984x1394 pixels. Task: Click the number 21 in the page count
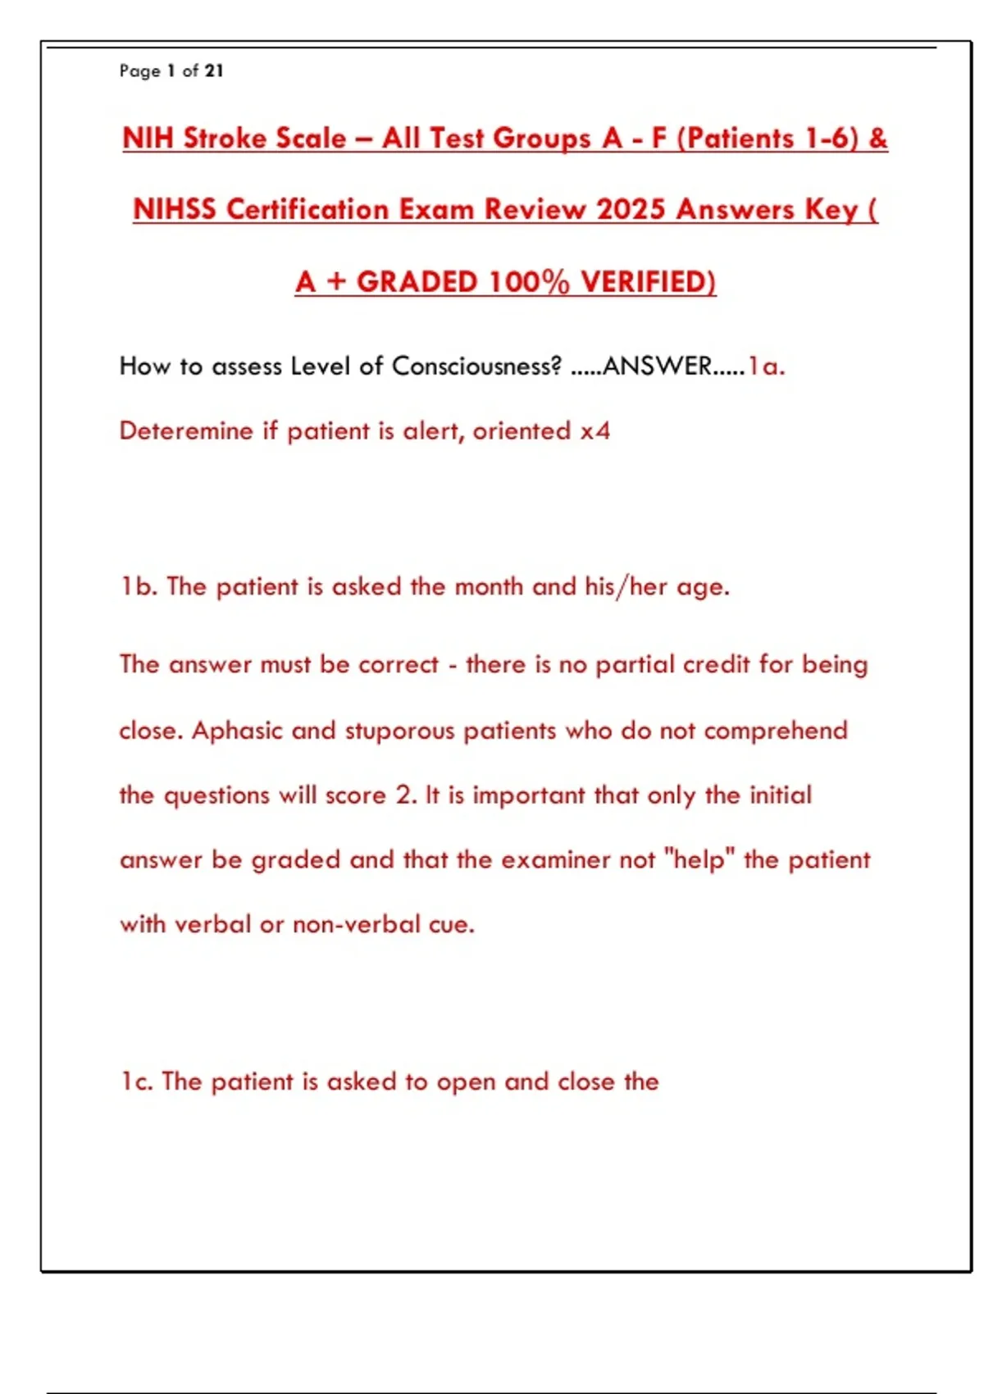pyautogui.click(x=214, y=71)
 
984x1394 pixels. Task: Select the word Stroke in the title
pyautogui.click(x=224, y=138)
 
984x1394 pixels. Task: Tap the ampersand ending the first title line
pyautogui.click(x=877, y=138)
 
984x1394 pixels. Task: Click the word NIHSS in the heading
pyautogui.click(x=175, y=209)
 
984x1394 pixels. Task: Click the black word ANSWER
pyautogui.click(x=658, y=366)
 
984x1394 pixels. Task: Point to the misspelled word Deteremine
pyautogui.click(x=186, y=431)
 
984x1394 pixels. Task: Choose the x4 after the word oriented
pyautogui.click(x=595, y=431)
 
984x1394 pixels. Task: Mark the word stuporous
pyautogui.click(x=399, y=731)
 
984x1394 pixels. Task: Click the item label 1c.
pyautogui.click(x=137, y=1082)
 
